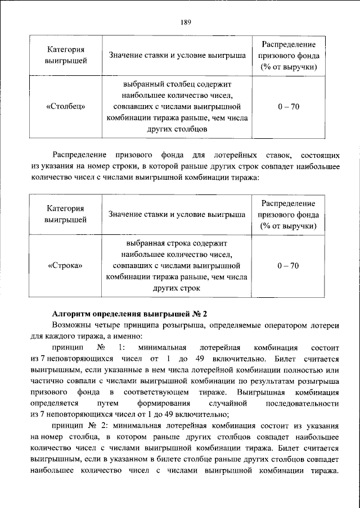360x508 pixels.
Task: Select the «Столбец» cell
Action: (66, 106)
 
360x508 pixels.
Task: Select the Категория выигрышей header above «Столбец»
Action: (66, 56)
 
